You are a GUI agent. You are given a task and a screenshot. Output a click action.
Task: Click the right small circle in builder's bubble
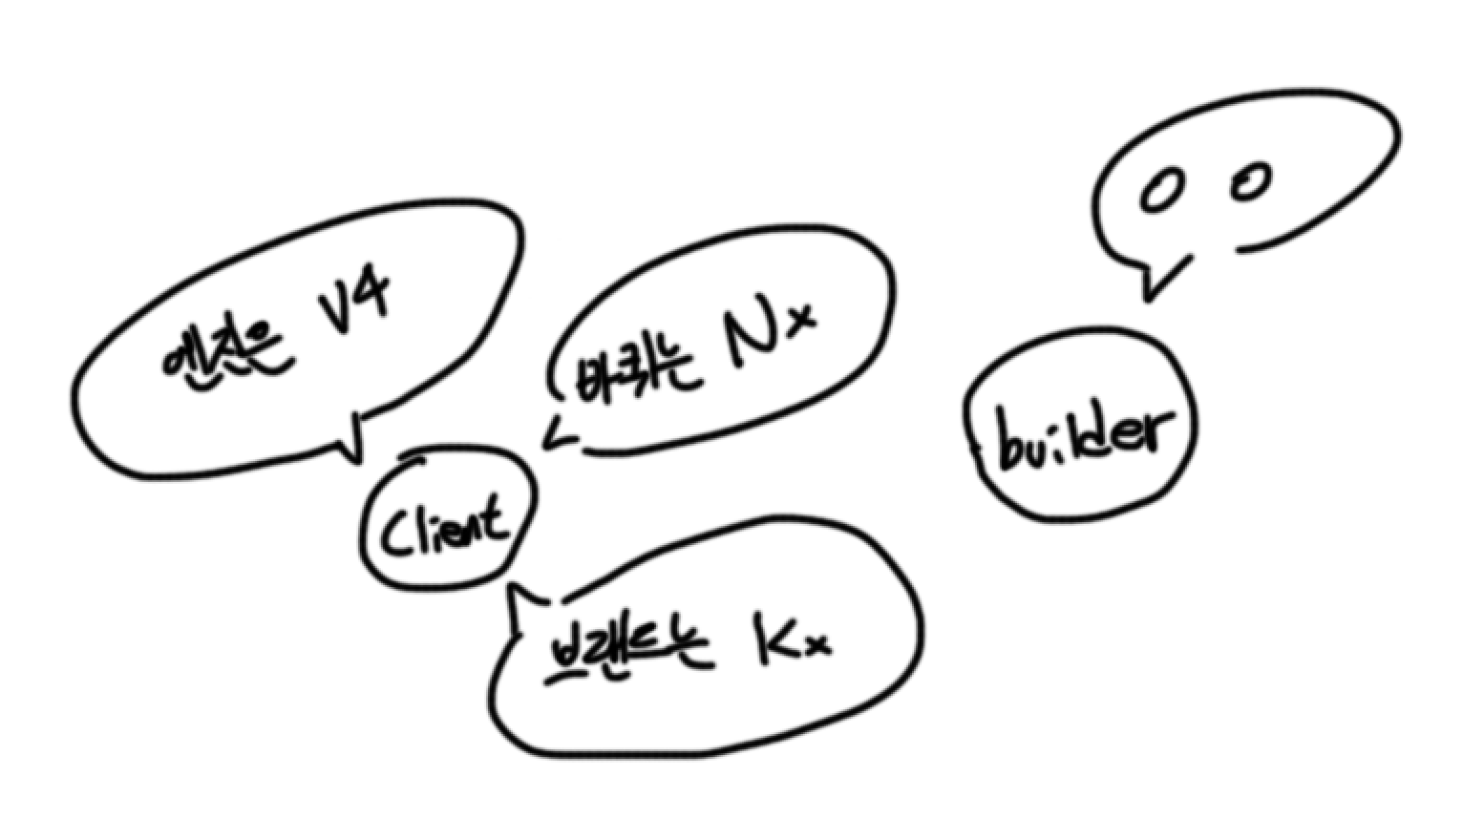(x=1250, y=180)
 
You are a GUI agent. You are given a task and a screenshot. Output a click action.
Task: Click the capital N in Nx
(x=750, y=338)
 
